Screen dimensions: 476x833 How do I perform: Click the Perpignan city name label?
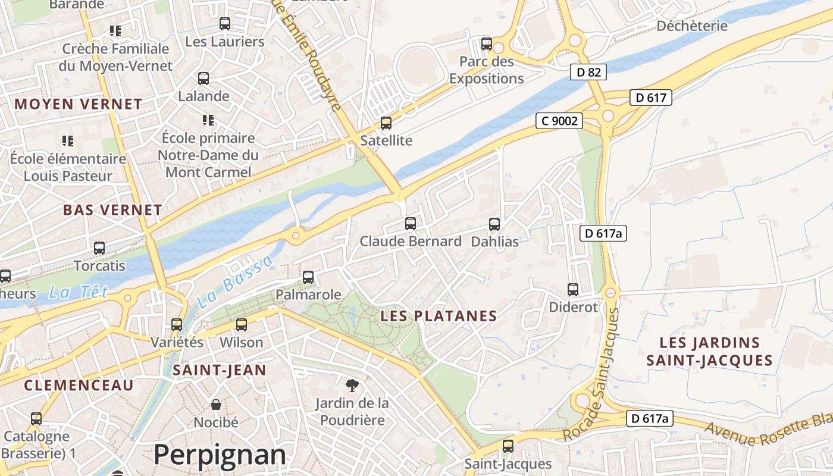220,455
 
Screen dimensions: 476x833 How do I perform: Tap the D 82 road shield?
588,73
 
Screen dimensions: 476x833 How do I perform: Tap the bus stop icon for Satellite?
386,123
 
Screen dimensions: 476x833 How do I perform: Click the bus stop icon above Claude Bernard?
411,224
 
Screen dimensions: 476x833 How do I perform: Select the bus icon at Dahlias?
494,224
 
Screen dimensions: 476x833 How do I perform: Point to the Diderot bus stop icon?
573,290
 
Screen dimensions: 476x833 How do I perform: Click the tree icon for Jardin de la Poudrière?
352,386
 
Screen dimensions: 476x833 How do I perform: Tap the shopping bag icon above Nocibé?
216,405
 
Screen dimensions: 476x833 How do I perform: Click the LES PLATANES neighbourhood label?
439,316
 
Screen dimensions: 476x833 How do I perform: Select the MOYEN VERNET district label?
79,104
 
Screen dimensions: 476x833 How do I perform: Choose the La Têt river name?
79,292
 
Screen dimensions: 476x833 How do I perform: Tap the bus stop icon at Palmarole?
308,277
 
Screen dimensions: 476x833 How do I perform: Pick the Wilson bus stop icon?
241,325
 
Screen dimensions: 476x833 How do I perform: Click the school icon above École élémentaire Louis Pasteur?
68,141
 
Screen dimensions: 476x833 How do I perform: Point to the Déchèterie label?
691,26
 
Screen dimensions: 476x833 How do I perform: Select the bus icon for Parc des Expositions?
487,44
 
